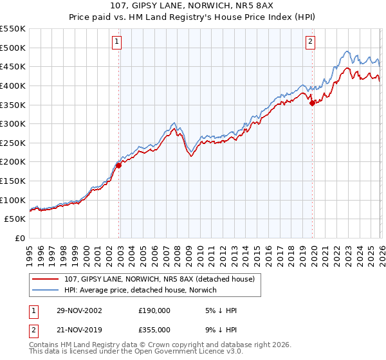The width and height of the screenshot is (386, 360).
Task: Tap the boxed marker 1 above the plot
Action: tap(117, 42)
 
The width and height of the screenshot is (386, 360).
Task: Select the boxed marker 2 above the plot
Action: tap(310, 42)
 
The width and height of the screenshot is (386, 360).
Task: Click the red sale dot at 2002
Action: tap(119, 165)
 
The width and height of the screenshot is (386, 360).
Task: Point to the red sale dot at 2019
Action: tap(313, 102)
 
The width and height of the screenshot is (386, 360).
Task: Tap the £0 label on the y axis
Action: tap(20, 238)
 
